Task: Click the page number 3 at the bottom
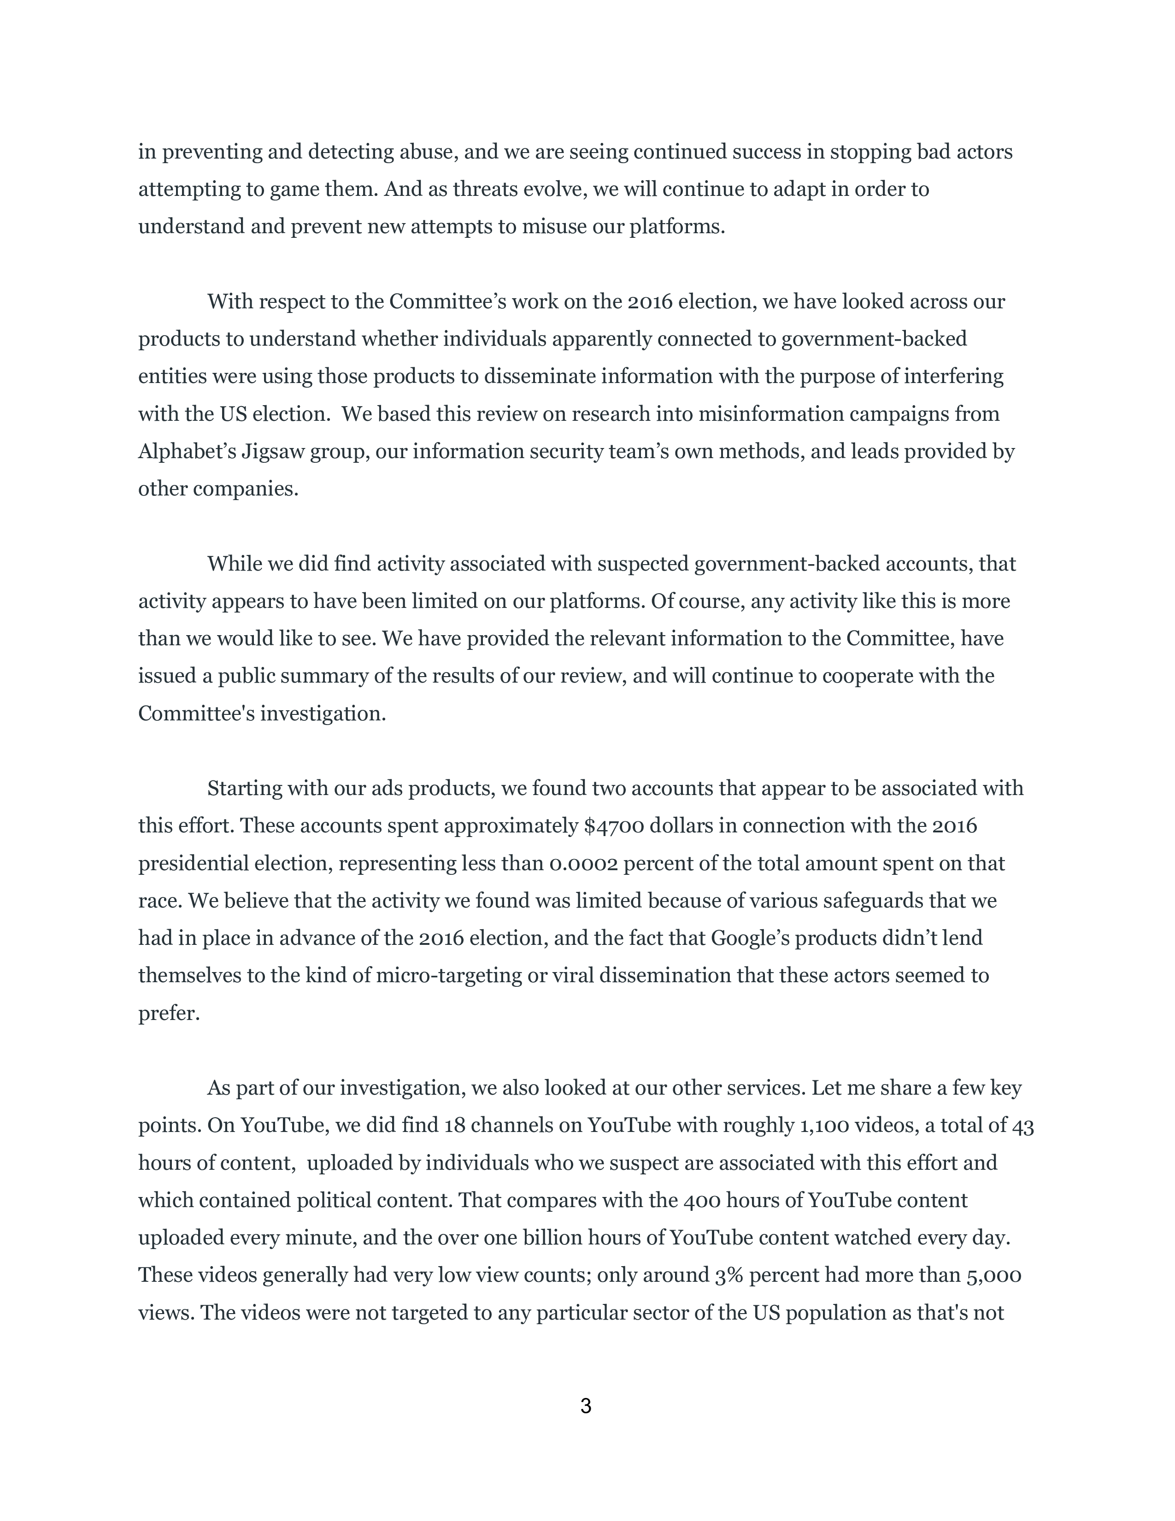(x=585, y=1406)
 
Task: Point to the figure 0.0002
(x=583, y=864)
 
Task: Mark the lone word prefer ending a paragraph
(x=169, y=1013)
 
